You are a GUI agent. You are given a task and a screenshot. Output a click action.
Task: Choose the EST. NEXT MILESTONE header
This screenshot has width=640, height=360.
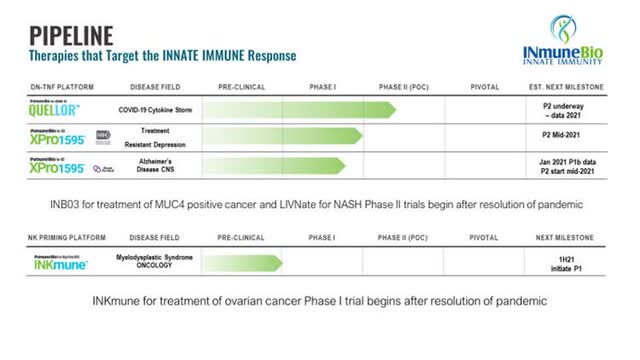click(573, 88)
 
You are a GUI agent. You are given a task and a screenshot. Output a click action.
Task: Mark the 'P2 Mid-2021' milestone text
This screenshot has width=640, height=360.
click(574, 137)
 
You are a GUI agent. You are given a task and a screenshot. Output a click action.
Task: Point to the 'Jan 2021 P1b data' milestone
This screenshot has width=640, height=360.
click(574, 160)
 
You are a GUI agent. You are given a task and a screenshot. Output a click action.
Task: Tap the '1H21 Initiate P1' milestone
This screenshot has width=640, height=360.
click(574, 262)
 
